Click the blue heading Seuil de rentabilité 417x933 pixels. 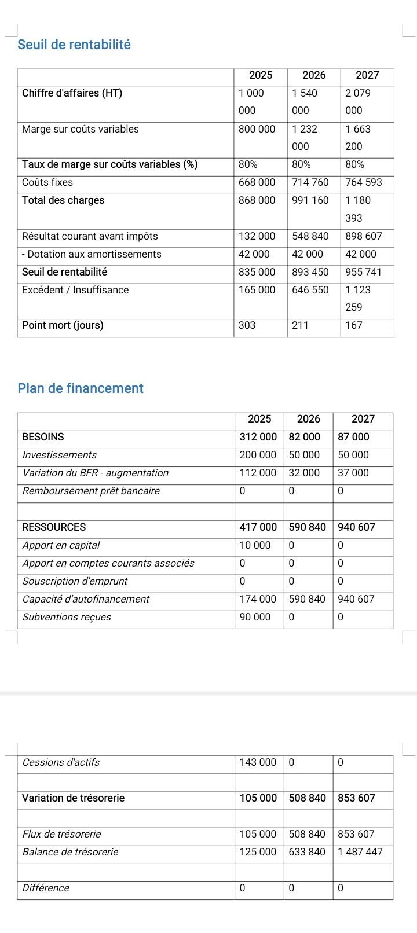74,45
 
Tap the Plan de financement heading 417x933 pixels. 81,388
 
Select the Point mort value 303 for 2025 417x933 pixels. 247,325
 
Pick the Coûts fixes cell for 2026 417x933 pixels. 310,182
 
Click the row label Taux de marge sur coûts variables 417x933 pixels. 109,164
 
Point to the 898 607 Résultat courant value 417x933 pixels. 363,236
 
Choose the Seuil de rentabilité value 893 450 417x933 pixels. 310,272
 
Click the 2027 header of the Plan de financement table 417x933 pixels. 363,419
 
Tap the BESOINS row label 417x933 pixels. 43,437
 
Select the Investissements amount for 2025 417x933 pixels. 258,455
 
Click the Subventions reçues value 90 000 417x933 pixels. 255,617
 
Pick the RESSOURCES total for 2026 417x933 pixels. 307,527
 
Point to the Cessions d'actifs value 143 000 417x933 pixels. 258,762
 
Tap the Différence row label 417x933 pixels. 46,888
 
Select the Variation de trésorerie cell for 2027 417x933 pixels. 356,798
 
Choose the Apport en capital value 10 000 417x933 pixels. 255,545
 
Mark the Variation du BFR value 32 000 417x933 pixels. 304,473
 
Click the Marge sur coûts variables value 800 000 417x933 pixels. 257,129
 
